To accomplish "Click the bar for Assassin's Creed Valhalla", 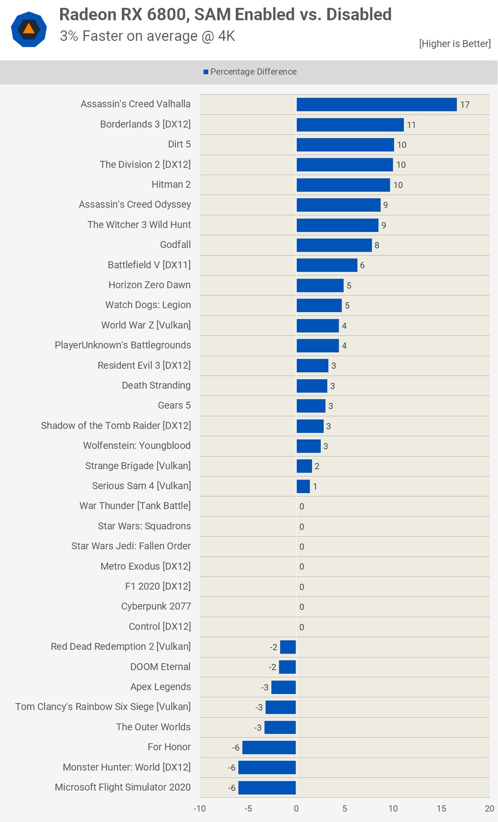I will coord(376,104).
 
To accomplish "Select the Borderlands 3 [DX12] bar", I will coord(350,125).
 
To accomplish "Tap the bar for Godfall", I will coord(334,245).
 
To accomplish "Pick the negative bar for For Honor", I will coord(269,747).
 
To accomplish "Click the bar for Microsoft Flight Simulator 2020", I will coord(267,788).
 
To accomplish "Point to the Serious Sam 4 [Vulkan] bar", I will coord(303,486).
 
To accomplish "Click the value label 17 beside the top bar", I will coord(465,105).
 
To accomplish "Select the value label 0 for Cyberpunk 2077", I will coord(302,607).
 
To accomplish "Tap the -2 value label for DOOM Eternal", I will coord(272,667).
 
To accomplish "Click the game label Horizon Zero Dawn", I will coord(149,285).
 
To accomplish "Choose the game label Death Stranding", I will coord(156,386).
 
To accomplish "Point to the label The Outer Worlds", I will coord(153,727).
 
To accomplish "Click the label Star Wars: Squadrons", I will coord(144,526).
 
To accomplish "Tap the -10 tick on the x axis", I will coord(200,809).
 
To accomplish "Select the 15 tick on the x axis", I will coord(441,809).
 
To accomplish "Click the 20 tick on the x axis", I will coord(490,809).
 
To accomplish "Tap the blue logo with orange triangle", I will coord(29,29).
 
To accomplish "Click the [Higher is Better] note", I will coord(455,44).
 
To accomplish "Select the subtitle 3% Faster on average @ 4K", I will coord(147,36).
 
